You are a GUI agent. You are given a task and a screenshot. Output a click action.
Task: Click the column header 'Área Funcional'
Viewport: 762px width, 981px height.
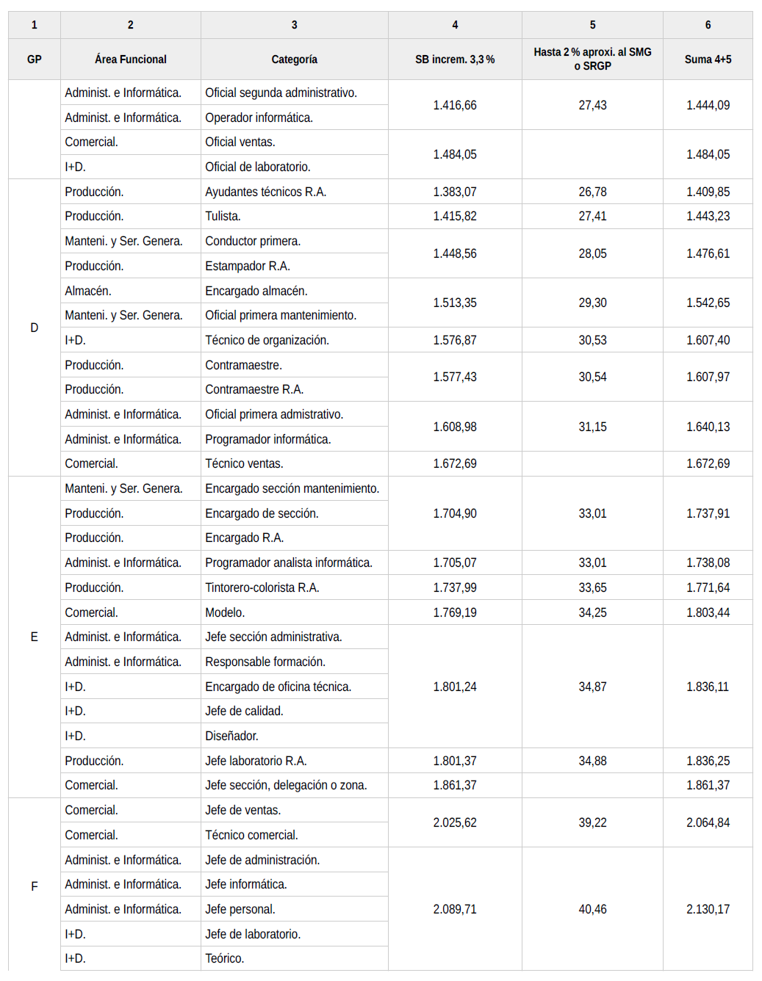coord(130,59)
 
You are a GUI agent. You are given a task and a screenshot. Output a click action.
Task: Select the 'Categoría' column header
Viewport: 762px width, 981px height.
coord(294,59)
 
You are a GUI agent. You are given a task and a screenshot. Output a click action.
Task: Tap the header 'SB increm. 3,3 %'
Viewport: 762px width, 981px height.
coord(454,59)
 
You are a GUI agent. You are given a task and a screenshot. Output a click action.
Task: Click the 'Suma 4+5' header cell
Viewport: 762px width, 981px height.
coord(708,59)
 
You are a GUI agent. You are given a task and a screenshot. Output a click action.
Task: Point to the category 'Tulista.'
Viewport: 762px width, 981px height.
coord(223,216)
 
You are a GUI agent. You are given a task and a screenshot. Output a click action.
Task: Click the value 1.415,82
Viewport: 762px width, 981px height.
coord(454,216)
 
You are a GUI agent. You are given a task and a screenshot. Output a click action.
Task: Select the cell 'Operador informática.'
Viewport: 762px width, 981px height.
coord(259,117)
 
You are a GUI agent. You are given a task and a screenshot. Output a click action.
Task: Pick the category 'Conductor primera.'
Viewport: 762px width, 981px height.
coord(253,241)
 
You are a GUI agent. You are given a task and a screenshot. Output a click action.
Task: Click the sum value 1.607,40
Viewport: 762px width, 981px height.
coord(708,340)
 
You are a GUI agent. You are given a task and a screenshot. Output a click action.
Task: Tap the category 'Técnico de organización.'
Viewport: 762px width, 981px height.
coord(267,340)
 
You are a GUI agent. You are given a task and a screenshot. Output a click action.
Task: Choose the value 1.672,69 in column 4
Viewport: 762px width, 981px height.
coord(454,463)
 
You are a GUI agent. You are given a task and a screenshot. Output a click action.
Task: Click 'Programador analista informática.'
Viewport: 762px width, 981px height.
coord(289,562)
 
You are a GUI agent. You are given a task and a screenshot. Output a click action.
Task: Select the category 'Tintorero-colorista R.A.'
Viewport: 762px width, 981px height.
coord(262,587)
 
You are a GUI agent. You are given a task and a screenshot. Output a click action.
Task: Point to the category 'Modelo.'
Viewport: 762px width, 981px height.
coord(225,612)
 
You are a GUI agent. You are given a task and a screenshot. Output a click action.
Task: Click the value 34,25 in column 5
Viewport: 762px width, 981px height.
coord(592,612)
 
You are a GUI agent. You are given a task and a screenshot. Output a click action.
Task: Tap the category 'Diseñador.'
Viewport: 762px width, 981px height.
coord(231,736)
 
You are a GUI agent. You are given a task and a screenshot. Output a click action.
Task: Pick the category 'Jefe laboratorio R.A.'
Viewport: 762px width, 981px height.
coord(256,761)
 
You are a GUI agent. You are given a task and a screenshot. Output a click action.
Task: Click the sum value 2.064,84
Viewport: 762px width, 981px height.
coord(708,822)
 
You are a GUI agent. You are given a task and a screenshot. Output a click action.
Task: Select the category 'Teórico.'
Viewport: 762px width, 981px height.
coord(225,958)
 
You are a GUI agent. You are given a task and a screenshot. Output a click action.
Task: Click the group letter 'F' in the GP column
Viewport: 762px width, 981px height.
coord(34,886)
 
